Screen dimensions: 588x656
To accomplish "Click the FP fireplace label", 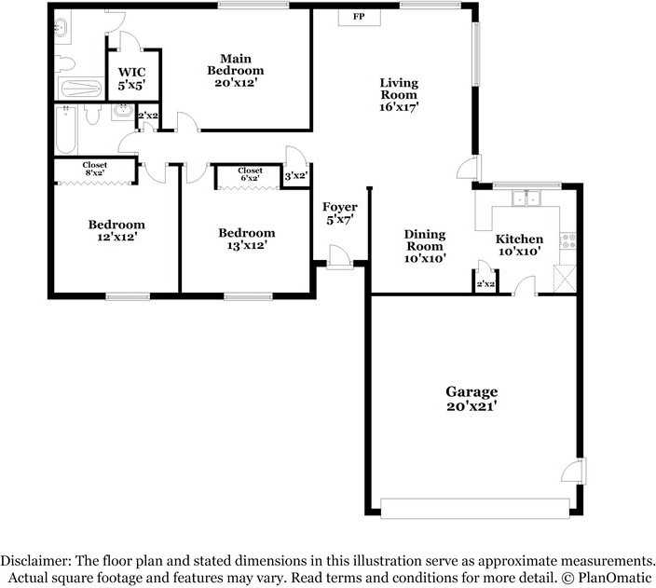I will coord(359,17).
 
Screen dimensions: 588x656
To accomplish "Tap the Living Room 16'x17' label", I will coord(399,94).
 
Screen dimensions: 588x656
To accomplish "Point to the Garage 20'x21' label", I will coord(471,399).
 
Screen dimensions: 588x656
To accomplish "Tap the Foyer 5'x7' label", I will coord(340,213).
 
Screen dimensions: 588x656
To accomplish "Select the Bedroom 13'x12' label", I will coord(247,239).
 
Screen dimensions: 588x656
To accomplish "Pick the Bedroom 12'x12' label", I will coord(116,231).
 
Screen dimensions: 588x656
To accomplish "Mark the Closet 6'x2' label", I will coord(250,175).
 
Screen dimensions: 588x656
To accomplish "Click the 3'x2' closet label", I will coord(295,176).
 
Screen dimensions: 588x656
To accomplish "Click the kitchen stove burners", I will coord(566,240).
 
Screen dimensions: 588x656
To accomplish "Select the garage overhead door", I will coord(475,508).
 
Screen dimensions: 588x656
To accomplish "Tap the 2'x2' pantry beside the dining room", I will coord(485,283).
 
